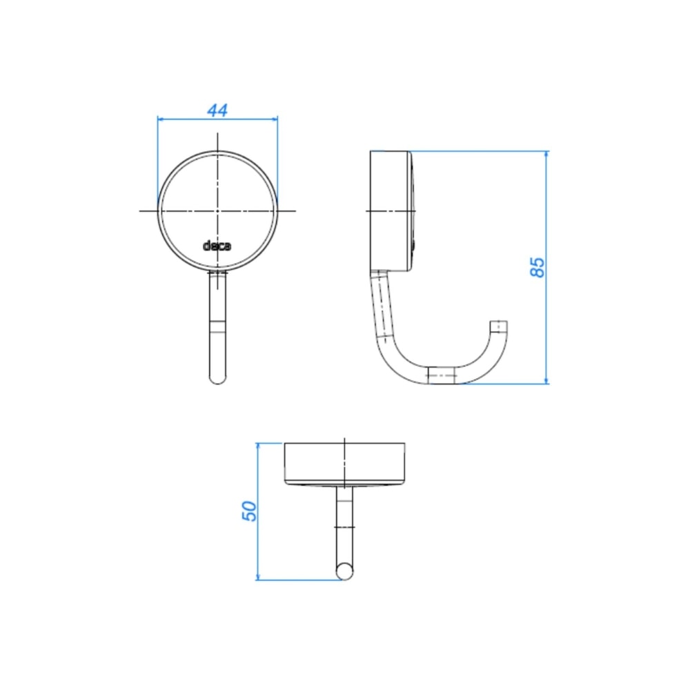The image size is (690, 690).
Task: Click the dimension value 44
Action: click(x=217, y=110)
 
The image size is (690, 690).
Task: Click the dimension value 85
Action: click(x=538, y=267)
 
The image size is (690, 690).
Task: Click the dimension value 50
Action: click(x=250, y=511)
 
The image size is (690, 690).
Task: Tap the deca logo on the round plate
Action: click(x=217, y=246)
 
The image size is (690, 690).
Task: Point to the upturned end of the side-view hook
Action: click(x=499, y=327)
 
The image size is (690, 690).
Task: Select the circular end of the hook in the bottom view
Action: click(x=344, y=571)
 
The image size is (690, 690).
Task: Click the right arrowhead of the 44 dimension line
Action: click(x=275, y=119)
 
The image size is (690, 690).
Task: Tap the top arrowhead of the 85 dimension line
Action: click(x=546, y=155)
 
